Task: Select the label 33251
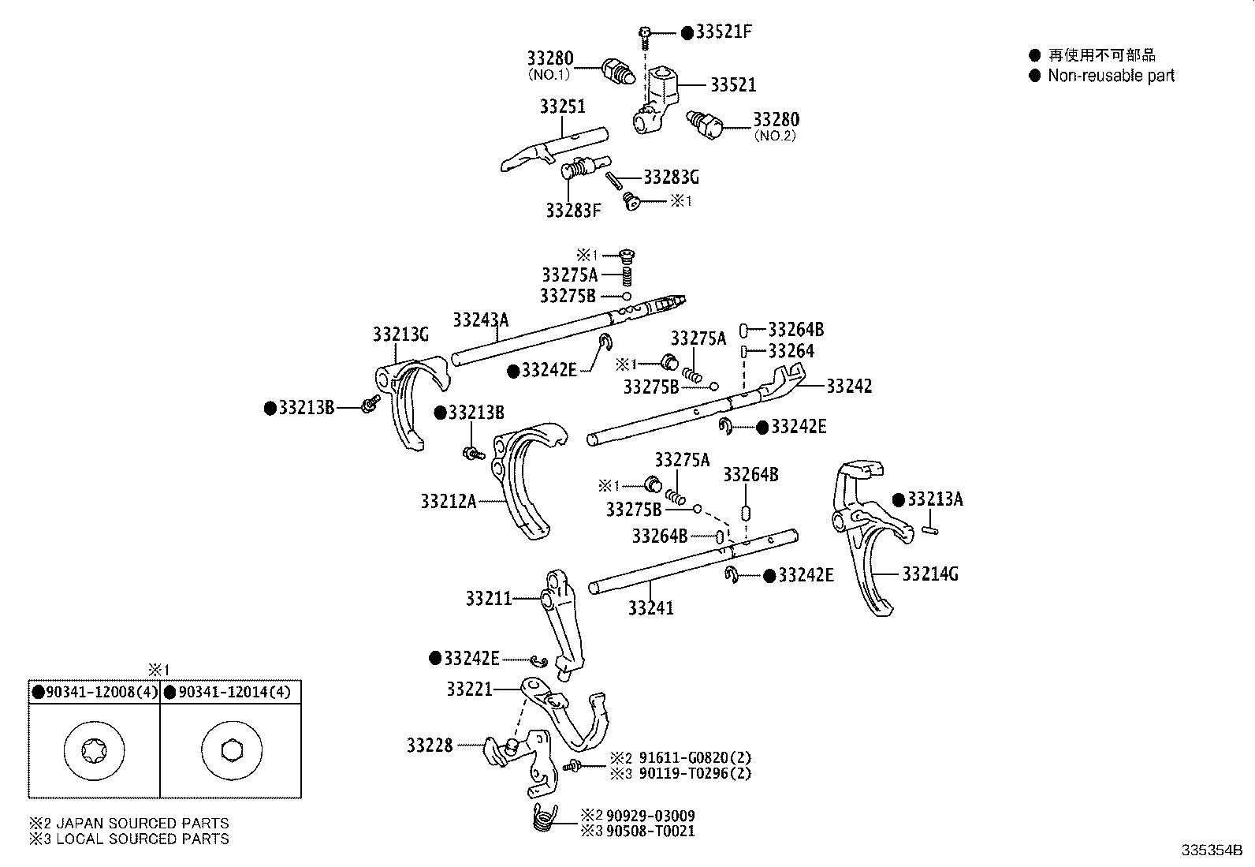(563, 107)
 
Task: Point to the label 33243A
(480, 320)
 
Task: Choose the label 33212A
(448, 501)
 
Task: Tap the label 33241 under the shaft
(651, 608)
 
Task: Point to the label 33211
(489, 599)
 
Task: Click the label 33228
(430, 745)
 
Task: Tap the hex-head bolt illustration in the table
(231, 750)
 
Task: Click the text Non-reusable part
(1111, 76)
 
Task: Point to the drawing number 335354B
(1211, 850)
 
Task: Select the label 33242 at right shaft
(849, 386)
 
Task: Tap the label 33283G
(671, 177)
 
